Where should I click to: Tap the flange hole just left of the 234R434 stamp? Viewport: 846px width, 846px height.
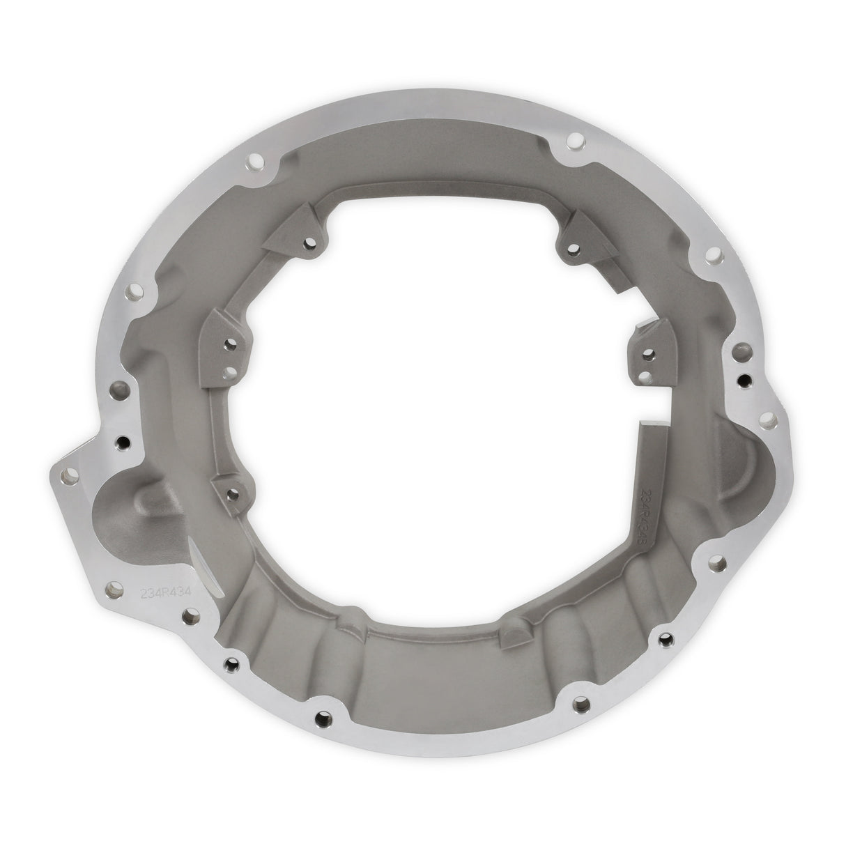(111, 592)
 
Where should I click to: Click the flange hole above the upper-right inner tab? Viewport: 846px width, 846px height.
(574, 142)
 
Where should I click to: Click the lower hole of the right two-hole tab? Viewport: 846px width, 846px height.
(645, 376)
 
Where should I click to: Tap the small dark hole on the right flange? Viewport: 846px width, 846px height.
(745, 380)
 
